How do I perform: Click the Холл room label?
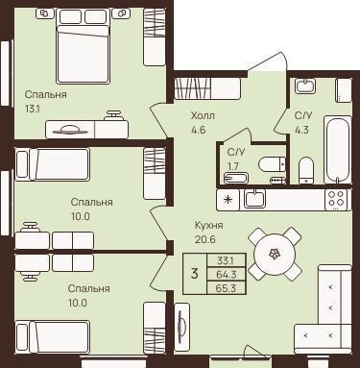203,115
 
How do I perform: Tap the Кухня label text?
209,226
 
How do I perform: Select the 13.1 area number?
33,110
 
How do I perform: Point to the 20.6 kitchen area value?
204,239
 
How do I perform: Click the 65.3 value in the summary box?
226,288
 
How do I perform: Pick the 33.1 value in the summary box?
226,260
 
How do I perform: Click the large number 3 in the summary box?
194,274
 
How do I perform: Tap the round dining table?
275,254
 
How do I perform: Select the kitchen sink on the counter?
254,199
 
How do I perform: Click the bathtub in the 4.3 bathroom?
337,150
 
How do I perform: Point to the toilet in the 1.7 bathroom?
272,164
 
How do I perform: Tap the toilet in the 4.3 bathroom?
306,171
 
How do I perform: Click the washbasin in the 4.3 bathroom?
305,86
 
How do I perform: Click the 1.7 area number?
233,166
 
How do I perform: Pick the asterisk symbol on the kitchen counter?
228,200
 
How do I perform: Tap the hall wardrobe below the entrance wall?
207,88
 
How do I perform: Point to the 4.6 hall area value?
198,130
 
